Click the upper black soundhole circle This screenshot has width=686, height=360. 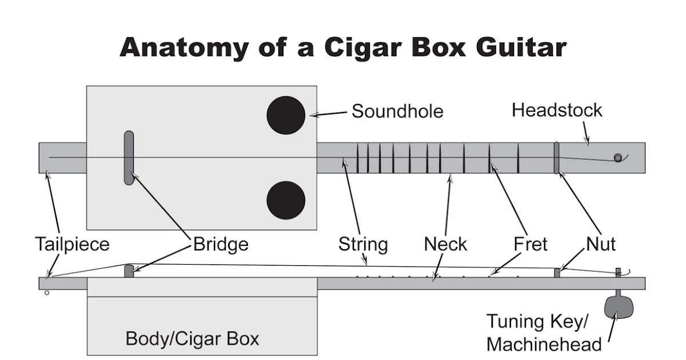286,115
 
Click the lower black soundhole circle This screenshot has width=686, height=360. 286,201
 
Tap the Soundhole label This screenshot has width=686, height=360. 397,111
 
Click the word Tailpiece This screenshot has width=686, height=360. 71,245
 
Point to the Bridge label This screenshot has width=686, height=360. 221,245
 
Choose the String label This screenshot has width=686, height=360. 363,245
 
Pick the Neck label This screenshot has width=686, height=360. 445,245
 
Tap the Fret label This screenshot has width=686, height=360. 531,245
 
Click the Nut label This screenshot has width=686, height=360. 601,245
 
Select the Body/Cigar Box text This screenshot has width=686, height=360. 192,339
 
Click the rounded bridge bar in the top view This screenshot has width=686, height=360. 129,158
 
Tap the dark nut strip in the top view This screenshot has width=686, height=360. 556,158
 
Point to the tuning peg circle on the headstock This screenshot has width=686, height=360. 617,158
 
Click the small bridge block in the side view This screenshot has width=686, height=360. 129,271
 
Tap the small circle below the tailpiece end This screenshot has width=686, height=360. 47,293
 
